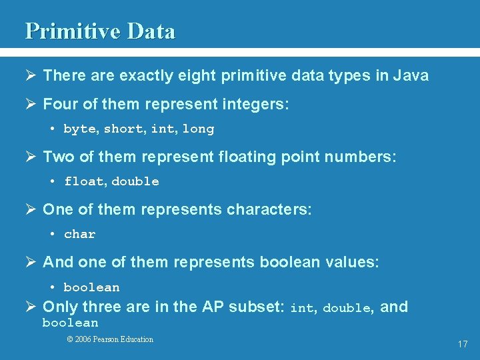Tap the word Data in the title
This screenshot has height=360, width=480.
click(x=151, y=31)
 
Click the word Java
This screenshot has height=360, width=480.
click(x=411, y=76)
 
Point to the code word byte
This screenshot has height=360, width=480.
click(x=79, y=129)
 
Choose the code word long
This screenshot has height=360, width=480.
click(x=199, y=129)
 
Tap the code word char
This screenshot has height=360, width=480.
click(x=80, y=234)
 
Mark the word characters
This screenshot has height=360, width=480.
click(x=269, y=210)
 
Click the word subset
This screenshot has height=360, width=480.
click(x=256, y=307)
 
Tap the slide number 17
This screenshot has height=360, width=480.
click(x=463, y=344)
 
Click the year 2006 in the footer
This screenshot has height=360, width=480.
click(x=84, y=339)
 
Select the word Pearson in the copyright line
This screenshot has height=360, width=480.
click(x=109, y=339)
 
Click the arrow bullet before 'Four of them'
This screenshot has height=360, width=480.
click(x=32, y=105)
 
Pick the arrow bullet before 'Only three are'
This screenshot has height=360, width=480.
click(x=32, y=307)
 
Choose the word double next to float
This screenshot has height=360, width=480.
click(x=135, y=181)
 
